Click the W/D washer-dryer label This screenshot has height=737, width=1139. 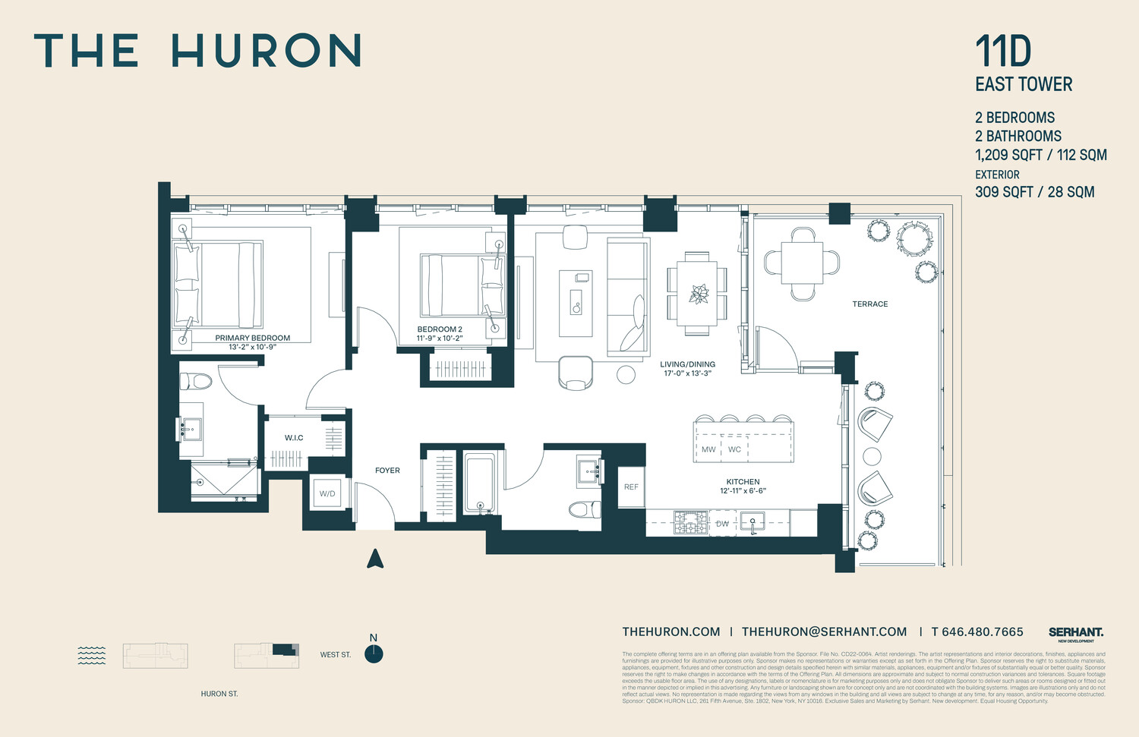327,494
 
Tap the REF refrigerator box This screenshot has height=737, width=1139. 631,487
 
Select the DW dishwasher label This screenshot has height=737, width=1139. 722,524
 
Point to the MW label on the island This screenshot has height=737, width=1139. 708,449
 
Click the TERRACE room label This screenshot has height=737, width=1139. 870,304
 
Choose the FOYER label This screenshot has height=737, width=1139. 387,471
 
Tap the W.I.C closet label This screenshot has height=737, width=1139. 294,438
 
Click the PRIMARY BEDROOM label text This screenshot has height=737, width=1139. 252,338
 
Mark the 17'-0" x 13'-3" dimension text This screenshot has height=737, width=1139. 687,373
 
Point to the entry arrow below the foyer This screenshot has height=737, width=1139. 375,559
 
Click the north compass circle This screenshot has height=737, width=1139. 374,654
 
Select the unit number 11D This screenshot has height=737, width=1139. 1003,52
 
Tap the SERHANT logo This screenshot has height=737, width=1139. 1076,632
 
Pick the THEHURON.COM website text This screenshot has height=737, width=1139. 671,632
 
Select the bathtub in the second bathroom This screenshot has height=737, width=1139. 479,483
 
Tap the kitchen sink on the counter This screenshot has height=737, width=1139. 752,522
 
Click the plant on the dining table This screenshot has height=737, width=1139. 698,294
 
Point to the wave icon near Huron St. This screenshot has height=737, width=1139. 92,655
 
